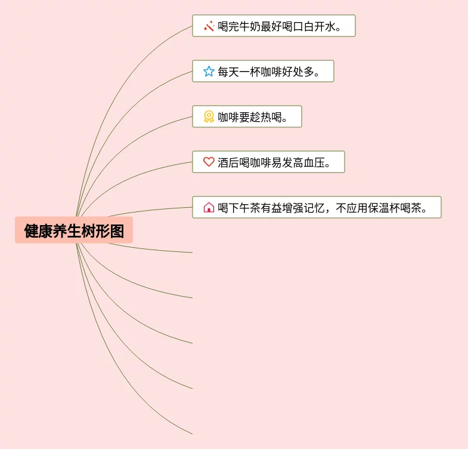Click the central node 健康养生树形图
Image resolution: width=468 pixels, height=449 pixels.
pyautogui.click(x=74, y=230)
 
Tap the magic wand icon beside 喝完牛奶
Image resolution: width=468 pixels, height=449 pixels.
pyautogui.click(x=209, y=26)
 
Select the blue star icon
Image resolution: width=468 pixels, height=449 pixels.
pyautogui.click(x=209, y=72)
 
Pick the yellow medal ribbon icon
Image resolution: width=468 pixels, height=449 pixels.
pyautogui.click(x=209, y=117)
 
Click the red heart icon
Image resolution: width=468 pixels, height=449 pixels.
pyautogui.click(x=209, y=162)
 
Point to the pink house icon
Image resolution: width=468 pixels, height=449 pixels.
pyautogui.click(x=209, y=208)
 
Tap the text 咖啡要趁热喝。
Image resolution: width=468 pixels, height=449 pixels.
pyautogui.click(x=253, y=117)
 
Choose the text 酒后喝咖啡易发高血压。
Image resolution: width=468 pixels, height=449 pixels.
pyautogui.click(x=274, y=162)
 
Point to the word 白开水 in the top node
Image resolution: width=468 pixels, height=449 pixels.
pyautogui.click(x=323, y=26)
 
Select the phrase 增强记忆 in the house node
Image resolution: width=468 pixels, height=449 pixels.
pyautogui.click(x=303, y=208)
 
